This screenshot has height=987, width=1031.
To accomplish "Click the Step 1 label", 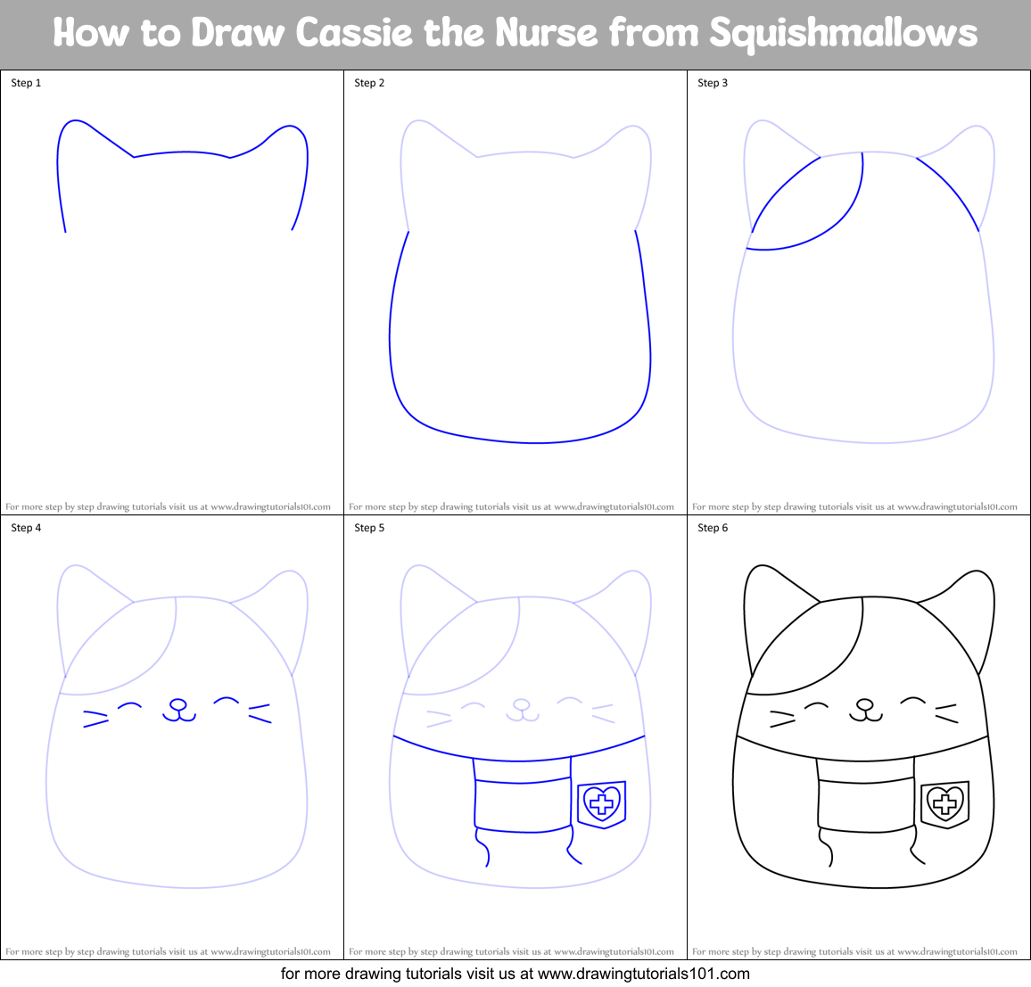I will click(x=26, y=83).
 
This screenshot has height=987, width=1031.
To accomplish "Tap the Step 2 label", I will click(x=369, y=83).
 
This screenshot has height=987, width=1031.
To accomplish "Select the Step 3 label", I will click(x=713, y=83).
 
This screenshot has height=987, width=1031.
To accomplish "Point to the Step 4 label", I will click(x=26, y=528).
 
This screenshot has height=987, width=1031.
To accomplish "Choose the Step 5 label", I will click(x=369, y=528).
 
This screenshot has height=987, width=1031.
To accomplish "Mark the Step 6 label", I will click(x=713, y=528).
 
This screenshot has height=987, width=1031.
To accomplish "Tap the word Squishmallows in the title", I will click(x=843, y=34).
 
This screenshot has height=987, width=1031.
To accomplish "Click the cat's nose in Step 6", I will click(x=864, y=704).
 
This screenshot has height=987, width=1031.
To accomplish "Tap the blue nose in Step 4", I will click(x=177, y=705).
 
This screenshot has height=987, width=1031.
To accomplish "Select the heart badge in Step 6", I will click(x=944, y=803).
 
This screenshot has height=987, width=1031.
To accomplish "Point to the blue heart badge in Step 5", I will click(x=602, y=803).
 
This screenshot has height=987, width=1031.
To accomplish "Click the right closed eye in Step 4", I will click(x=227, y=701).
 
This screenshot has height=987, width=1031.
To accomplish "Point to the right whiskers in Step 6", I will click(x=946, y=712).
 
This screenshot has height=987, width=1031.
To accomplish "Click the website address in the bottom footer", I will click(x=643, y=974).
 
